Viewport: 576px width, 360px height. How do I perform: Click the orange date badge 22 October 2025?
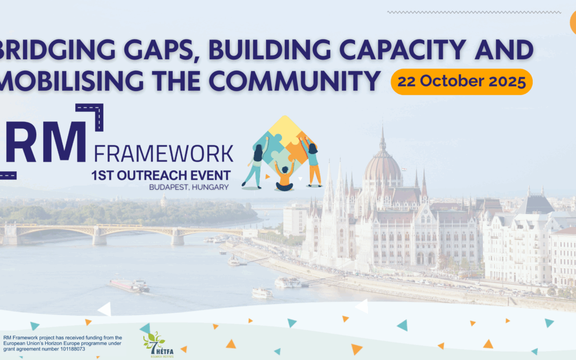click(x=461, y=82)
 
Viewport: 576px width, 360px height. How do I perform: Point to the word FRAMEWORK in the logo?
click(x=164, y=153)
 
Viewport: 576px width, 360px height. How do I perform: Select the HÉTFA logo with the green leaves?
click(x=154, y=344)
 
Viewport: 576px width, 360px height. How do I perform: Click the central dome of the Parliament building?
click(x=382, y=163)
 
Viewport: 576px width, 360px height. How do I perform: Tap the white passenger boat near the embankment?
click(x=262, y=292)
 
